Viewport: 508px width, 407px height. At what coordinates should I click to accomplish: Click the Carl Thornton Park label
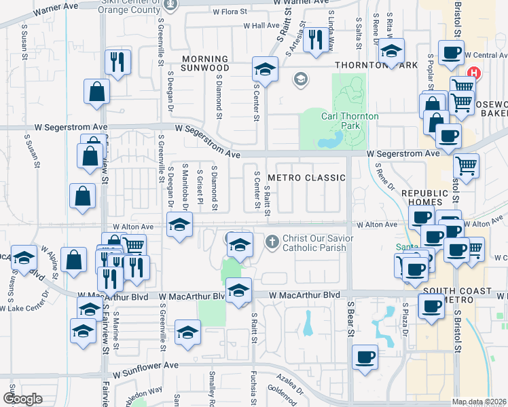[x=350, y=121]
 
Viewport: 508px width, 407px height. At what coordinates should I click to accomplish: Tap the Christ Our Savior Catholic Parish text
[x=314, y=243]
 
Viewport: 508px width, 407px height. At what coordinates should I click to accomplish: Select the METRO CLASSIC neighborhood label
[x=306, y=178]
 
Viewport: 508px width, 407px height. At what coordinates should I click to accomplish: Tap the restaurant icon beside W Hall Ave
[x=314, y=40]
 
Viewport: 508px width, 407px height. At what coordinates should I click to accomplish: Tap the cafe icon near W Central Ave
[x=451, y=53]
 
